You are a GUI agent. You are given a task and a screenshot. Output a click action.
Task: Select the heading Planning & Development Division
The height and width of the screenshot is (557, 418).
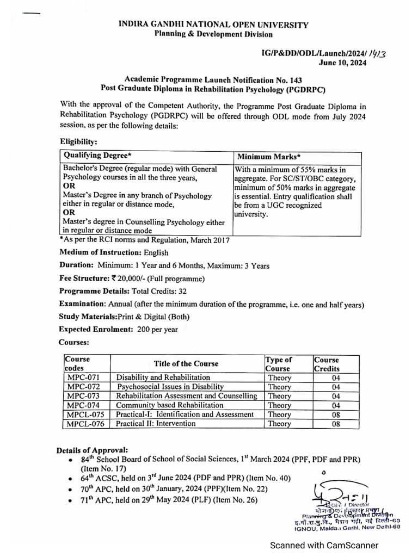213,34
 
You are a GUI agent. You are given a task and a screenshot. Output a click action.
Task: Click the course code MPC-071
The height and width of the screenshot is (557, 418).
83,377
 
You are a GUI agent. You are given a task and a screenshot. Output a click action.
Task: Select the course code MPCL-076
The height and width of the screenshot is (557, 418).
85,423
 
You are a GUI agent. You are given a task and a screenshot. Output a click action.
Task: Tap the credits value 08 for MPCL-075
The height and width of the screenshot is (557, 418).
336,414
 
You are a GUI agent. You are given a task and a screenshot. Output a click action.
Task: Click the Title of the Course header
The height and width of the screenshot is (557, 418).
186,363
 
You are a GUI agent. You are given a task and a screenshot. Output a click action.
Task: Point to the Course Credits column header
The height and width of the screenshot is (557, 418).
327,364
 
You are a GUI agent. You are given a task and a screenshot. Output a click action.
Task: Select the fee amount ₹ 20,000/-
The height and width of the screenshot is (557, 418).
129,278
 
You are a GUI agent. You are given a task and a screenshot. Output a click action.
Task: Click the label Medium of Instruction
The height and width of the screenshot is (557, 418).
100,252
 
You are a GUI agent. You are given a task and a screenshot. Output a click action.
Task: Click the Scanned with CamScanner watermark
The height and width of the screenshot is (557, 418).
325,544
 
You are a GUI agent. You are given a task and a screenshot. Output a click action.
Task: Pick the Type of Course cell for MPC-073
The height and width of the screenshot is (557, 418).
279,396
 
